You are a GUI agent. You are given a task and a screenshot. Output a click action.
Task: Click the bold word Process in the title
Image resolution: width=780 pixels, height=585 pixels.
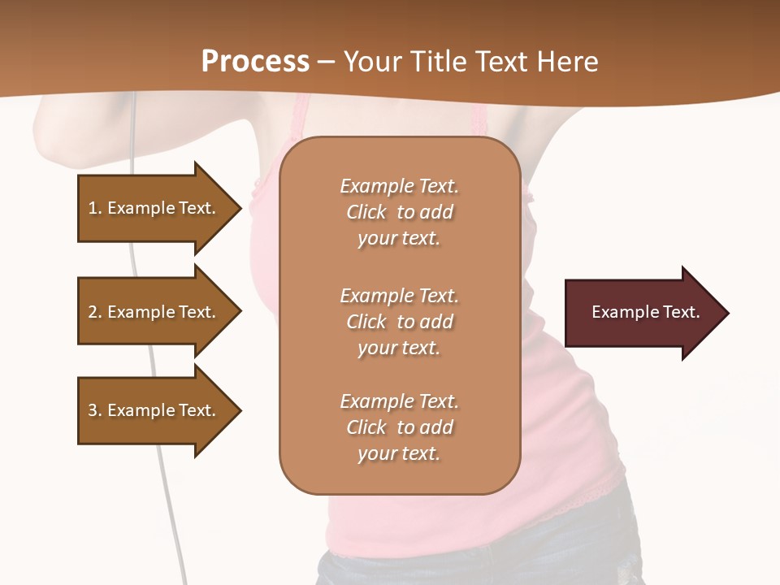pyautogui.click(x=255, y=62)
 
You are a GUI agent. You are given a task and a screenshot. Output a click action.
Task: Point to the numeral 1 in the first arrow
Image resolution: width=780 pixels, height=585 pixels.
pyautogui.click(x=93, y=208)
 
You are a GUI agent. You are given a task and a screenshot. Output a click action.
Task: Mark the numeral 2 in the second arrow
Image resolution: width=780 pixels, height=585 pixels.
pyautogui.click(x=93, y=312)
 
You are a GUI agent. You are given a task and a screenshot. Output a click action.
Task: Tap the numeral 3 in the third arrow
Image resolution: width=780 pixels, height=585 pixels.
pyautogui.click(x=93, y=410)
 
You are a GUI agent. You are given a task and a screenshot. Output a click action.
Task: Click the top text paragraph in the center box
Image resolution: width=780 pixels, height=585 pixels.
pyautogui.click(x=399, y=212)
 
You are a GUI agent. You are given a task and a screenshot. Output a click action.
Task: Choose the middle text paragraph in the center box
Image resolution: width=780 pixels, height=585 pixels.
pyautogui.click(x=399, y=321)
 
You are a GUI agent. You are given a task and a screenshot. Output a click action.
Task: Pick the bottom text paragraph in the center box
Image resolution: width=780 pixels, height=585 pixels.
pyautogui.click(x=399, y=427)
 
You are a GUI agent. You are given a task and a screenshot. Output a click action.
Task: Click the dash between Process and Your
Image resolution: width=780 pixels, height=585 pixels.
pyautogui.click(x=327, y=63)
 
